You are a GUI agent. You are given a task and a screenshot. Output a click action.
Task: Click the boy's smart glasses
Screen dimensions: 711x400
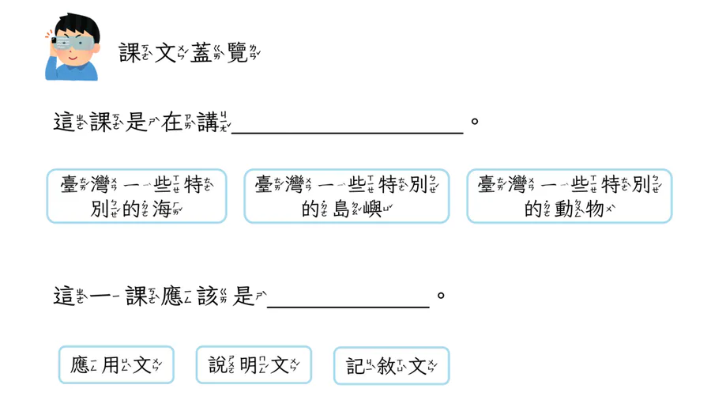(x=73, y=43)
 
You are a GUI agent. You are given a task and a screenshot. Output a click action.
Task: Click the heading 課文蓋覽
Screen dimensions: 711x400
(x=190, y=53)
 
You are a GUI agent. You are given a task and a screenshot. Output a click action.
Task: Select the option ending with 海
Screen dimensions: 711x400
(x=137, y=196)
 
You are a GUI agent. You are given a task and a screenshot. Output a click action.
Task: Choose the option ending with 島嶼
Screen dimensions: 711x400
(x=347, y=196)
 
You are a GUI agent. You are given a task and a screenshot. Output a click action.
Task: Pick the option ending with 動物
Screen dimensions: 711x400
(x=570, y=196)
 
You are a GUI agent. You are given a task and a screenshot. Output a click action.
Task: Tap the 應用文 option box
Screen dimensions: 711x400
(x=116, y=365)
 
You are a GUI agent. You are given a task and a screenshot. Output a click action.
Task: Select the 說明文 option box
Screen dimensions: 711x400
(x=254, y=365)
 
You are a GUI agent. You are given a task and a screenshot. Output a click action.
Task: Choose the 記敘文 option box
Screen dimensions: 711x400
(x=391, y=365)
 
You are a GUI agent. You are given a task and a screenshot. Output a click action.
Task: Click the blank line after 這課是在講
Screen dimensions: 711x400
(x=348, y=133)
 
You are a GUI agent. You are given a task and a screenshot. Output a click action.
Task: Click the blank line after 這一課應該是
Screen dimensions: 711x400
(x=348, y=307)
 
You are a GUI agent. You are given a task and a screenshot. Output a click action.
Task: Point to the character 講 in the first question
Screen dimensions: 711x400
(x=208, y=123)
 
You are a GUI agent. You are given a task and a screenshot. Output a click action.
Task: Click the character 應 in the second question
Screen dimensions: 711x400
(x=172, y=296)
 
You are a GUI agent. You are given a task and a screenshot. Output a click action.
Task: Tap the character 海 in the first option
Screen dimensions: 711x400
(x=162, y=209)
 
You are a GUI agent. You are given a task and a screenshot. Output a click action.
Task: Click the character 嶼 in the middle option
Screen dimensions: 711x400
(x=372, y=209)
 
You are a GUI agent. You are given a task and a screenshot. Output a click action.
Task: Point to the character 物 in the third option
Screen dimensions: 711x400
(x=594, y=209)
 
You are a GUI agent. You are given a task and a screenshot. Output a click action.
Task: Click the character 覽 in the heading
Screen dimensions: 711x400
(x=237, y=53)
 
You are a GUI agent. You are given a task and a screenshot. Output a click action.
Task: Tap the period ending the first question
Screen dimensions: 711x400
(x=475, y=122)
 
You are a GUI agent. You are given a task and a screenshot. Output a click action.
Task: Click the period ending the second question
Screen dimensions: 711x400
(x=441, y=296)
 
